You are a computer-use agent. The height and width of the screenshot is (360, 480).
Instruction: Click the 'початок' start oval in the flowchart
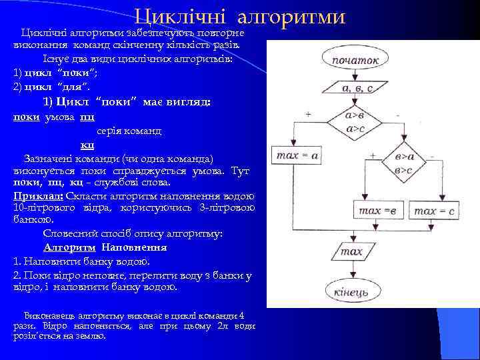pos(355,59)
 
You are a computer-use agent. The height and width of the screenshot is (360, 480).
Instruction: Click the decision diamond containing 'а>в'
pos(355,122)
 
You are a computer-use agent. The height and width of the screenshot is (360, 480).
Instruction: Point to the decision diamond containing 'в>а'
pos(404,163)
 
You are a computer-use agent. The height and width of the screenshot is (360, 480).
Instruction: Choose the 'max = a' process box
pos(296,155)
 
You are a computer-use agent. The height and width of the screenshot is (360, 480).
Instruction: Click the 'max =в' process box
pos(377,211)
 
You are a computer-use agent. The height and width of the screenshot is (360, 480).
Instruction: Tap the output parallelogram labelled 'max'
pos(351,251)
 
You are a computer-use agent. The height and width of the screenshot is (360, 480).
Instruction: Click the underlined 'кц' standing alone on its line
pos(87,145)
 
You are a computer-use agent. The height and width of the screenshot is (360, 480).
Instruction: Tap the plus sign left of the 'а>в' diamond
pos(308,115)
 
